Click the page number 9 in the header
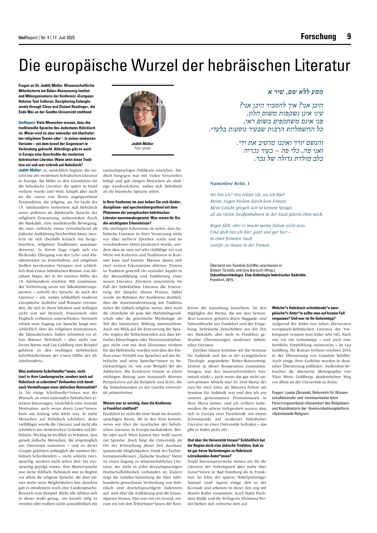(349, 37)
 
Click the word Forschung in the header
(318, 37)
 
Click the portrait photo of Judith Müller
(143, 114)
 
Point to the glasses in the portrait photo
(142, 111)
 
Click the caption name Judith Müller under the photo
(142, 144)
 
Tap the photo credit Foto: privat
(142, 148)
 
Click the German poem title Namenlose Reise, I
(230, 183)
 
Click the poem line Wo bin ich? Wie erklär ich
(247, 195)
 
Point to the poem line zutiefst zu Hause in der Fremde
(240, 245)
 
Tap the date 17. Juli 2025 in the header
(63, 38)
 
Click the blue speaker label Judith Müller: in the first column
(30, 170)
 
